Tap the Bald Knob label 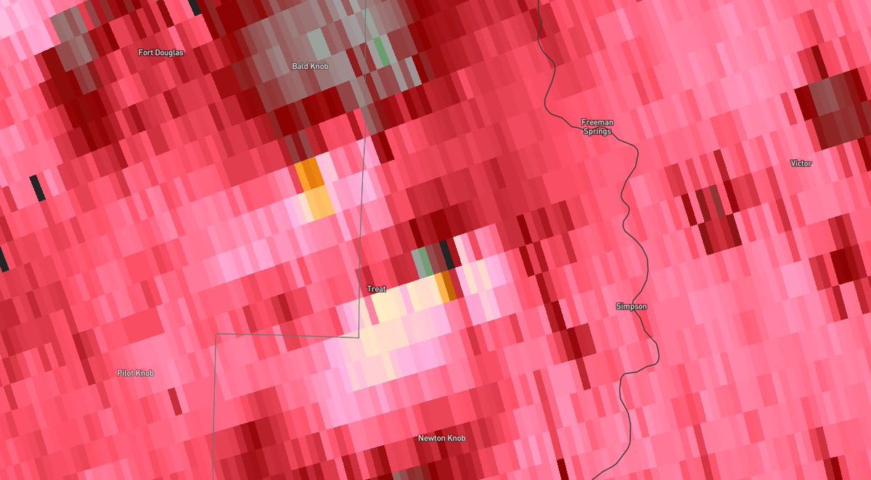click(x=310, y=66)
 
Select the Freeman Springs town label click(x=597, y=126)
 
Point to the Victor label click(x=801, y=163)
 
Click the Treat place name click(x=376, y=289)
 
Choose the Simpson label click(x=631, y=306)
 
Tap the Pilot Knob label click(x=136, y=373)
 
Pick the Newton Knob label click(x=441, y=438)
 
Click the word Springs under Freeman click(x=597, y=131)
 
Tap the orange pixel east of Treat click(x=446, y=288)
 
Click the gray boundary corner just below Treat click(x=359, y=337)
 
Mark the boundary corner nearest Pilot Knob click(x=216, y=334)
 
